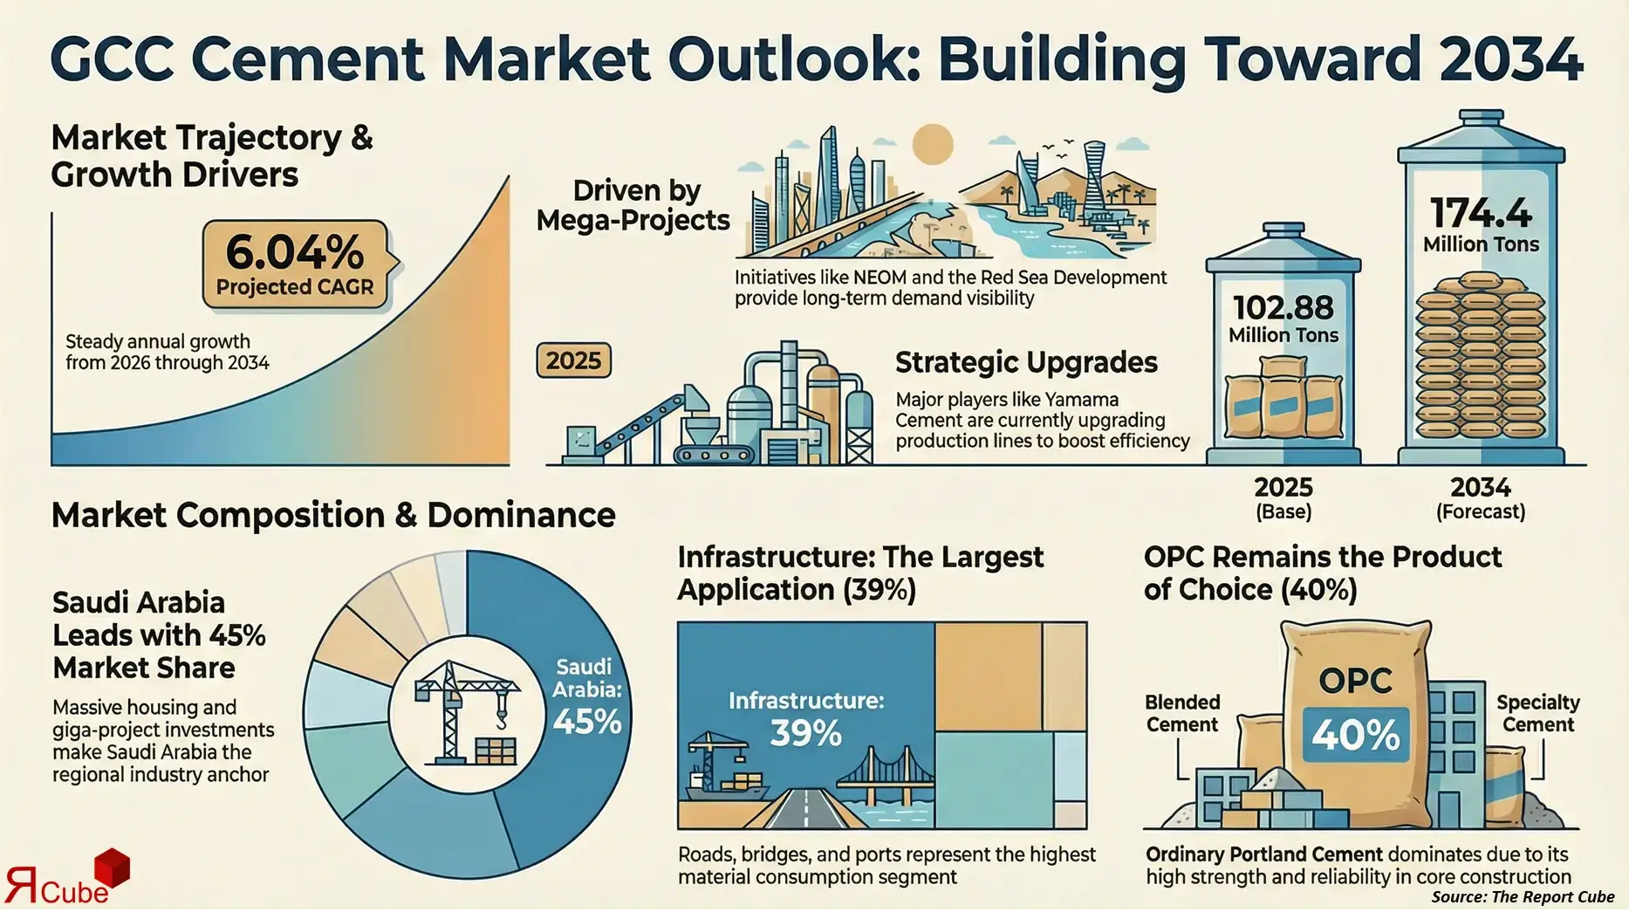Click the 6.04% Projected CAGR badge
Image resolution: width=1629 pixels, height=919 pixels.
click(295, 265)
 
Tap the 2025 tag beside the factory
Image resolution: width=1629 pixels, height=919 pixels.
click(573, 360)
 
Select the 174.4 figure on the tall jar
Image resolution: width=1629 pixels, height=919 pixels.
click(1481, 214)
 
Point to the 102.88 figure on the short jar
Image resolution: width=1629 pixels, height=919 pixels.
click(1283, 308)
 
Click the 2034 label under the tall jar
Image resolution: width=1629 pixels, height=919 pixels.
click(1480, 487)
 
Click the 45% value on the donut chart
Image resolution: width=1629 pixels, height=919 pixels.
click(587, 723)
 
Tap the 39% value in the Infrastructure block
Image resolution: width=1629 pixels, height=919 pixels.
click(805, 734)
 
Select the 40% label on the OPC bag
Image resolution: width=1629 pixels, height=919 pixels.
click(1355, 734)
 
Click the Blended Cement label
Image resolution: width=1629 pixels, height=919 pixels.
click(1182, 714)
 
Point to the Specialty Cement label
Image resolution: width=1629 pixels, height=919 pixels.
click(1537, 714)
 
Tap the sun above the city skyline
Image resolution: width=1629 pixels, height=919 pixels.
click(932, 143)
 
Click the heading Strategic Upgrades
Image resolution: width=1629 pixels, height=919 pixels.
click(1026, 362)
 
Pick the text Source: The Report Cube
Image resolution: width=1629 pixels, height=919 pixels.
click(1523, 897)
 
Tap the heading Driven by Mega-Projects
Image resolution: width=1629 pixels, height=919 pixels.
click(633, 206)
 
